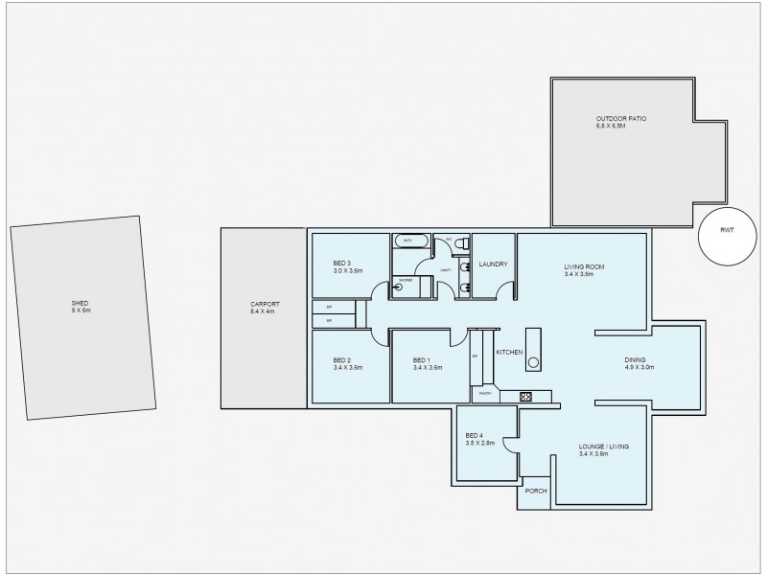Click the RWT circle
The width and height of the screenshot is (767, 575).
click(726, 237)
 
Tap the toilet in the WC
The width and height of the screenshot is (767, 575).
click(459, 242)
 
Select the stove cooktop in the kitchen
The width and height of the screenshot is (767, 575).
click(525, 396)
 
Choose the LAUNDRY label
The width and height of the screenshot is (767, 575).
click(493, 264)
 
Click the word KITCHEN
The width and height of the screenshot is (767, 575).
click(508, 354)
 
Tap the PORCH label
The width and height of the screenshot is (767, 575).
click(536, 491)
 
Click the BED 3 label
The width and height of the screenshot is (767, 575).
click(342, 264)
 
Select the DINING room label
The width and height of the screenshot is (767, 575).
click(637, 359)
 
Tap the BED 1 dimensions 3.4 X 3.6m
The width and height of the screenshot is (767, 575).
click(427, 367)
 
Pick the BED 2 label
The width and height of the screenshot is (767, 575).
click(342, 359)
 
